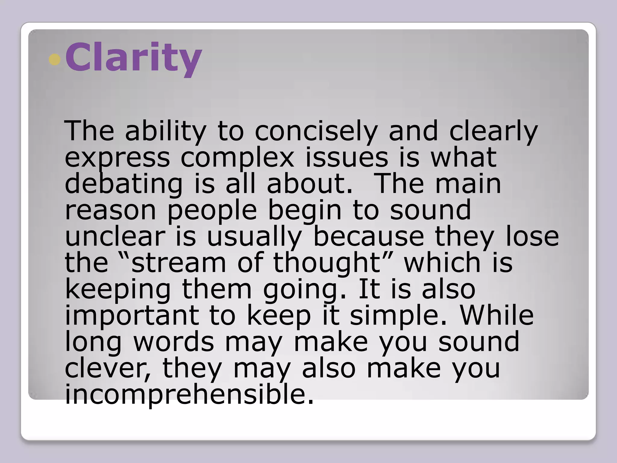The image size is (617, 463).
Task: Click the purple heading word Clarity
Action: tap(133, 58)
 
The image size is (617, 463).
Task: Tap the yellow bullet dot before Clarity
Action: tap(55, 60)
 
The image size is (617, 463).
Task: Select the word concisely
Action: tap(316, 131)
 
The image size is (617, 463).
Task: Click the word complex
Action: tap(237, 158)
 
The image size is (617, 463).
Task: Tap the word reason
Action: tap(110, 210)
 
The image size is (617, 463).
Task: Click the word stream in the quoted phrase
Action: tap(179, 263)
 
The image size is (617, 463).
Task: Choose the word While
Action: tap(496, 315)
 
